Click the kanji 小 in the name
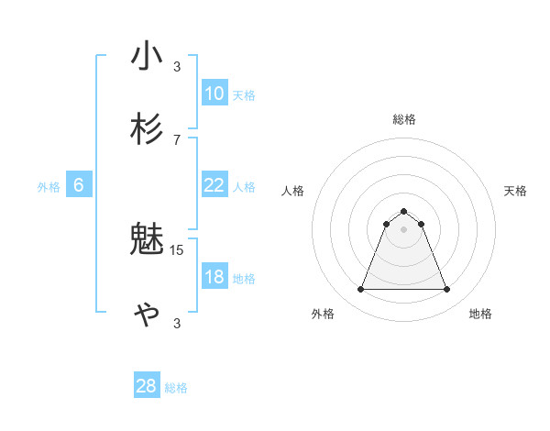pos(147,56)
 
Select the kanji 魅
pos(147,240)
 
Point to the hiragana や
pos(147,314)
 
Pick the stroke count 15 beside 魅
pos(177,249)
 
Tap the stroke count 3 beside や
pos(177,323)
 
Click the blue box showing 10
pos(214,94)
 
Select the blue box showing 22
pos(214,185)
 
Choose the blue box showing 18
pos(214,278)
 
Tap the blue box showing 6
pos(79,185)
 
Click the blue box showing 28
pos(147,386)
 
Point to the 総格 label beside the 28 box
pos(176,388)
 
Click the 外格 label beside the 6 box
pos(49,187)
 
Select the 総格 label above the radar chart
pos(403,119)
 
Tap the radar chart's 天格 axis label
pos(516,191)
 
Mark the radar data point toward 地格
pos(447,290)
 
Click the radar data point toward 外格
pos(360,290)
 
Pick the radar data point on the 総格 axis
pos(403,211)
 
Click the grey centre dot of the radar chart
pos(403,229)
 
